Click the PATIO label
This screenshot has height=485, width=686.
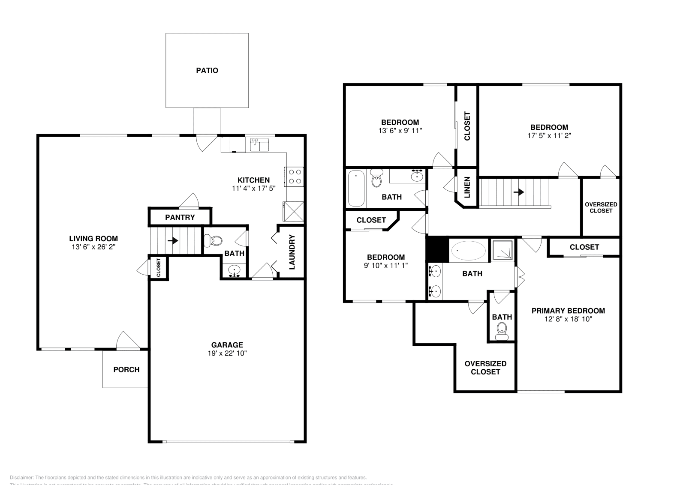tap(207, 70)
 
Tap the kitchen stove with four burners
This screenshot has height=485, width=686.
tap(295, 177)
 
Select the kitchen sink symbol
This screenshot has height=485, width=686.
tap(259, 144)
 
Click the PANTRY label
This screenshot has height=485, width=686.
tap(180, 217)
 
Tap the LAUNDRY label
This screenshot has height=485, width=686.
tap(292, 252)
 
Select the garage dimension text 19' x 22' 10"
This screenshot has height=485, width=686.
tap(227, 353)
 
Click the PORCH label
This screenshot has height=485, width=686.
tap(126, 369)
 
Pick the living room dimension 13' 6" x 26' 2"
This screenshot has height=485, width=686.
tap(93, 247)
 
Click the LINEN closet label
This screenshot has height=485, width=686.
tap(467, 188)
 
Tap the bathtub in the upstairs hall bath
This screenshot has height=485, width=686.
tap(356, 189)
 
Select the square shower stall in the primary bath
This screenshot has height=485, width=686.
tap(502, 250)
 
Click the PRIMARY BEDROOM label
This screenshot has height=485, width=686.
tap(568, 311)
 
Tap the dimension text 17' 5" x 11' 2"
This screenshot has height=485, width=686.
tap(549, 135)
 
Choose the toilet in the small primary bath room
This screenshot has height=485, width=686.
tap(501, 331)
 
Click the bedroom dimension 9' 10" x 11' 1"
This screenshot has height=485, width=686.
tap(385, 265)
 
